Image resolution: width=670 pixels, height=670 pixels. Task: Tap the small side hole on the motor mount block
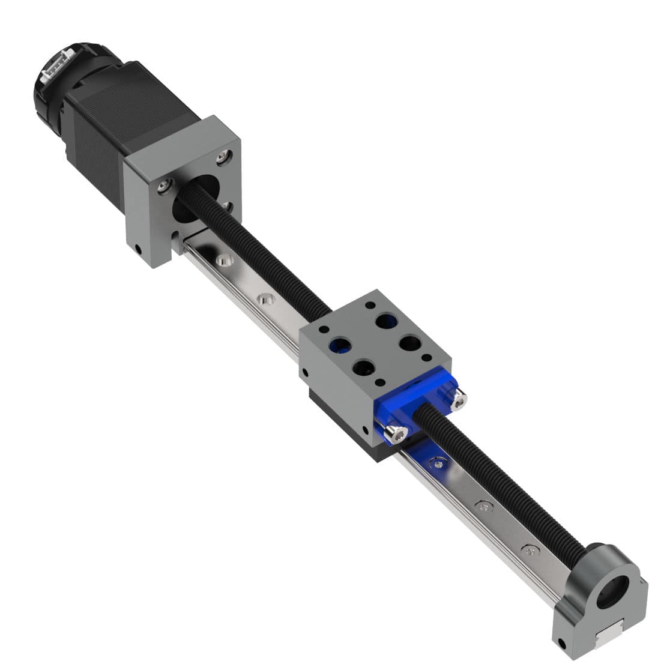(x=139, y=247)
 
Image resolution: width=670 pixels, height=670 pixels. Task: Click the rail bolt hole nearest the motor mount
(x=224, y=261)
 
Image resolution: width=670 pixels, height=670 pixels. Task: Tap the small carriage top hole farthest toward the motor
(x=324, y=330)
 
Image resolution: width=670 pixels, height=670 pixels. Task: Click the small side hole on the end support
(x=563, y=646)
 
